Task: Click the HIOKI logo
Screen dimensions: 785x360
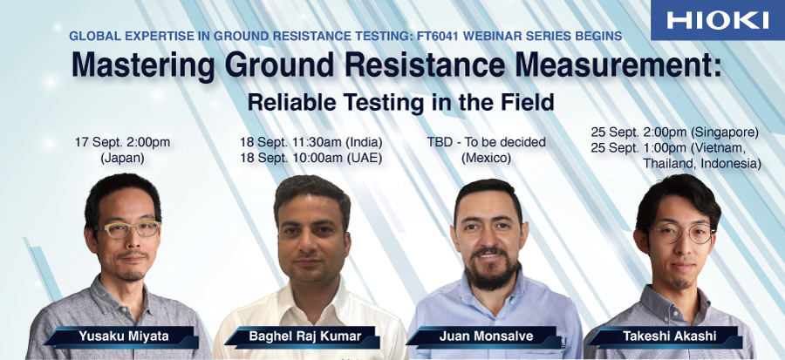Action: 718,21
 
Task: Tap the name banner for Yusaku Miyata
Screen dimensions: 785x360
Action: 120,337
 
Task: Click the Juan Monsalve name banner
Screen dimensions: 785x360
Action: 483,337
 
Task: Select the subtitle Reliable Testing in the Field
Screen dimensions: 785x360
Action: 400,103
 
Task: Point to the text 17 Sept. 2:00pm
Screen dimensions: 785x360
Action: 123,142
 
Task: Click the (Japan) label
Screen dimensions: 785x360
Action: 122,159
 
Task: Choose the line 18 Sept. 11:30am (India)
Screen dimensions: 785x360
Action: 311,142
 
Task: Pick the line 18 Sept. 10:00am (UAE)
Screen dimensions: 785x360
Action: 311,159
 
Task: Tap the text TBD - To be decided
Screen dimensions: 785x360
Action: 486,142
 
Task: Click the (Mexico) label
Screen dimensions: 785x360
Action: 486,159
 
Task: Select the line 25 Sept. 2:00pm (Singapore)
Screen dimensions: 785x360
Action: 675,132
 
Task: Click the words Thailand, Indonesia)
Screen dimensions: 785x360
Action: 702,164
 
